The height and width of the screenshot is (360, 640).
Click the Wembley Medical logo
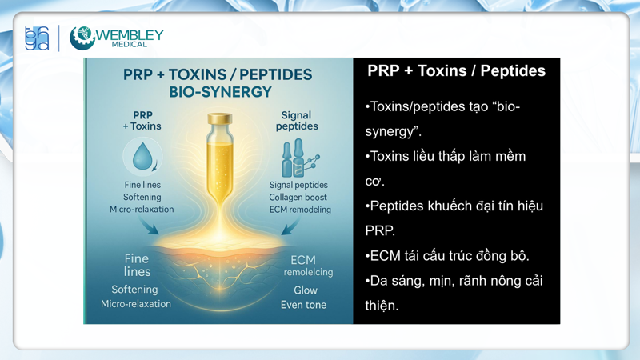[x=117, y=38]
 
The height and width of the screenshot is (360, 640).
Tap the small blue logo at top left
[x=37, y=38]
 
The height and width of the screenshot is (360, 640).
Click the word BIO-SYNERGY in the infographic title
[x=220, y=92]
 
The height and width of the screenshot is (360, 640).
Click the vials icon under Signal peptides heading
[x=297, y=158]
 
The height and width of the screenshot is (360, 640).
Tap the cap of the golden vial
[x=219, y=118]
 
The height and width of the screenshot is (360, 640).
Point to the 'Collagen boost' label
[x=298, y=197]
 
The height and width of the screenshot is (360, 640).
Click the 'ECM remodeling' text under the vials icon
[x=298, y=210]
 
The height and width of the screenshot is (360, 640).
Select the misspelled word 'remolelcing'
[x=308, y=272]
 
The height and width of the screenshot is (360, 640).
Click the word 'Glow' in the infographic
[x=305, y=290]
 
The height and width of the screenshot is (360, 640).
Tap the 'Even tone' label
[x=303, y=305]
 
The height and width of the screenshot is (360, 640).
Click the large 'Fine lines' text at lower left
[x=137, y=265]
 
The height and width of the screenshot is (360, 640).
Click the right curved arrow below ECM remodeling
[x=290, y=227]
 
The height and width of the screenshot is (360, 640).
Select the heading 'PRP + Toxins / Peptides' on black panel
[x=456, y=71]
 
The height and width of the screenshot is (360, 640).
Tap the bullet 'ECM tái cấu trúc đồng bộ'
[x=447, y=256]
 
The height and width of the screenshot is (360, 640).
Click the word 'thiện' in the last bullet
[x=382, y=306]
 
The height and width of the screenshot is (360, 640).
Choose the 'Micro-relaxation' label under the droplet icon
[x=142, y=210]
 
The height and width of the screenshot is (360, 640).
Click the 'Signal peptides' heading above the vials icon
[x=296, y=121]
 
